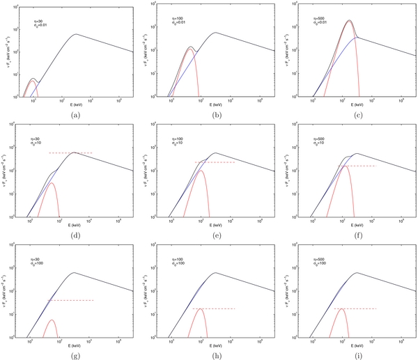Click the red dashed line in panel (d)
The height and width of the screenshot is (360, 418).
[x=70, y=152]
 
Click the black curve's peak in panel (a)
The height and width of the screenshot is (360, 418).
[x=76, y=34]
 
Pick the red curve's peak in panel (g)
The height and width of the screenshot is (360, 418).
[x=52, y=320]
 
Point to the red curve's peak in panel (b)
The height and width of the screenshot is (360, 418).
[x=190, y=48]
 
